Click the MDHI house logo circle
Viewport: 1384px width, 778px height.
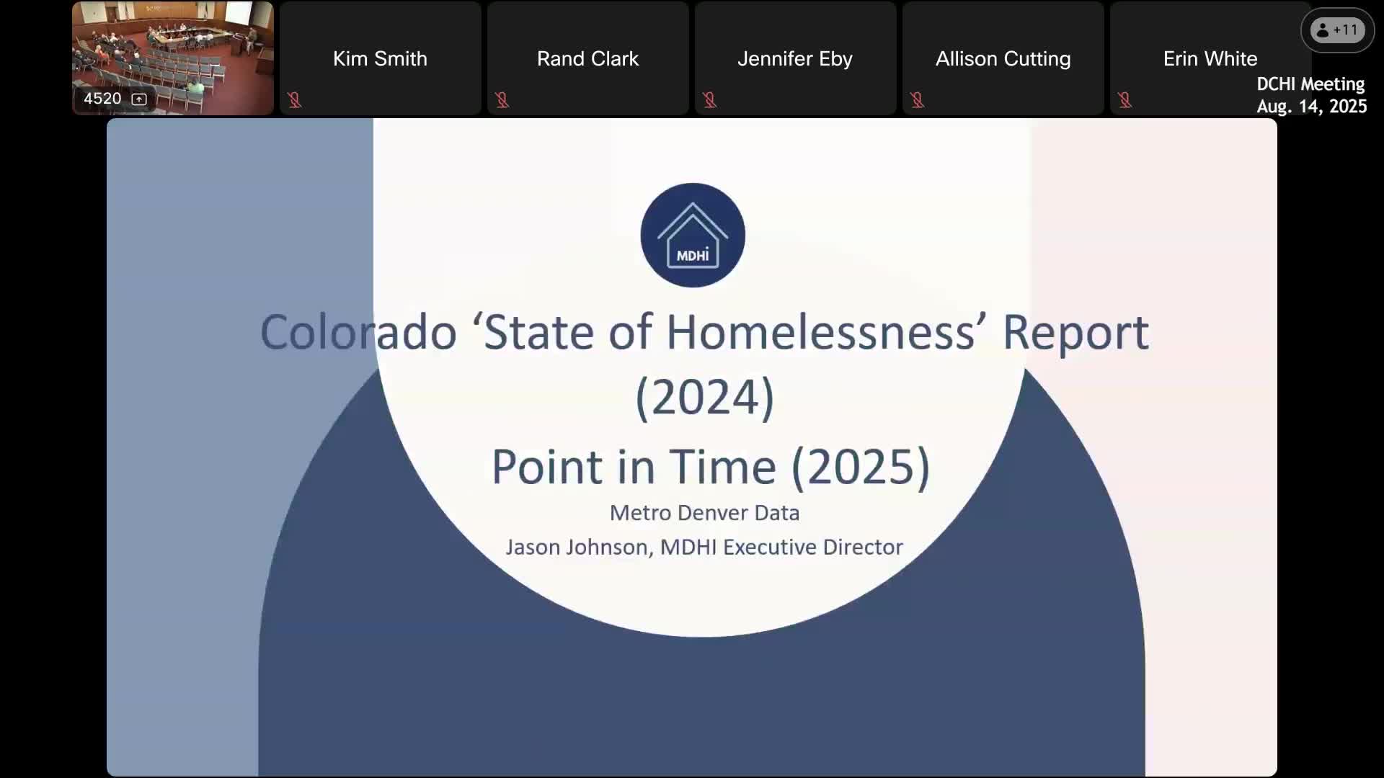tap(693, 235)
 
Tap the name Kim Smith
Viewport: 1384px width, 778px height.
tap(380, 58)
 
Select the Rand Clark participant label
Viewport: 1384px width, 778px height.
tap(587, 58)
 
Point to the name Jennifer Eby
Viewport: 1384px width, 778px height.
tap(795, 58)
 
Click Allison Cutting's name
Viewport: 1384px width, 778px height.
tap(1003, 58)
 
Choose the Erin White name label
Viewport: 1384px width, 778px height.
tap(1210, 58)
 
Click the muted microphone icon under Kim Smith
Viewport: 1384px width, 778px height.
tap(294, 99)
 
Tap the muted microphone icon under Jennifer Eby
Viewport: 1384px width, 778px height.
tap(709, 99)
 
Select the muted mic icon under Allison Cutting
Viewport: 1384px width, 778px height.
tap(917, 99)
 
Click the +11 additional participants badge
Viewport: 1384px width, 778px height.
tap(1337, 30)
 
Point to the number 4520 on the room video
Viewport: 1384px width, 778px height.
tap(102, 99)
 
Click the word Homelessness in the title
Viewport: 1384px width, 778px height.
tap(820, 332)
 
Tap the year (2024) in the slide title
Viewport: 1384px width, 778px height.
tap(704, 397)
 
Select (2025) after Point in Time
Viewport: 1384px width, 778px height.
tap(861, 467)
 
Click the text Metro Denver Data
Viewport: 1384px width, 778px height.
tap(704, 513)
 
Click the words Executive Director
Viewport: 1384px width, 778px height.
tap(813, 547)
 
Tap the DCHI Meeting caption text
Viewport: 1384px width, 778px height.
tap(1310, 84)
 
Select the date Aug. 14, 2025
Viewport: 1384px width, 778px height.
tap(1312, 107)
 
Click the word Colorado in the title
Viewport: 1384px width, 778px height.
tap(358, 332)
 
